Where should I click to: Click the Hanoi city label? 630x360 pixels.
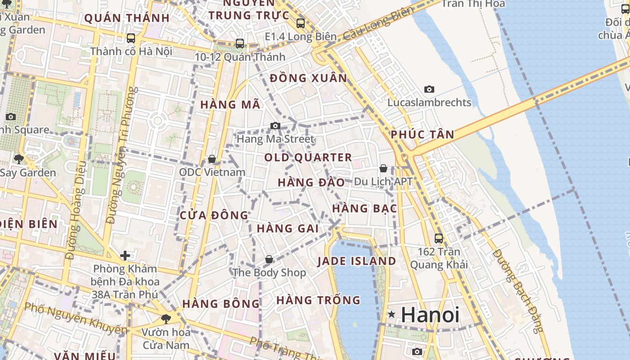click(x=430, y=315)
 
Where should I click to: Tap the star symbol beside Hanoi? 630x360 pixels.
click(x=391, y=315)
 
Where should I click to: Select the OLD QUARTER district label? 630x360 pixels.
click(x=308, y=157)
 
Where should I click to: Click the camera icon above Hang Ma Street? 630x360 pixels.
click(x=275, y=126)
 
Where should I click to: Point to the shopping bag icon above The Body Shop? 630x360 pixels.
click(x=269, y=260)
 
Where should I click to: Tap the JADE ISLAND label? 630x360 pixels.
click(x=356, y=261)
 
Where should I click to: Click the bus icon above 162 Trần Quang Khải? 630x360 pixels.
click(x=439, y=238)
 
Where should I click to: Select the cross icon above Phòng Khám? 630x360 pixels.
click(x=125, y=256)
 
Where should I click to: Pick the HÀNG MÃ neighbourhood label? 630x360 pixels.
click(x=230, y=105)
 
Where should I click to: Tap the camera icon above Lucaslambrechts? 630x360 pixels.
click(x=429, y=90)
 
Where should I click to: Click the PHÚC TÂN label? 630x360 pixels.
click(x=422, y=135)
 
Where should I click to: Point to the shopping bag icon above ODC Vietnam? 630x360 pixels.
click(x=211, y=159)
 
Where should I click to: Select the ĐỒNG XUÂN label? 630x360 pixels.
click(x=308, y=78)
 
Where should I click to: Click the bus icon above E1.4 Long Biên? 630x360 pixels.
click(x=301, y=23)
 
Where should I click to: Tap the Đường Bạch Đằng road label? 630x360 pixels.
click(x=518, y=290)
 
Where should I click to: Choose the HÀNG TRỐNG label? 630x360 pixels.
click(x=318, y=300)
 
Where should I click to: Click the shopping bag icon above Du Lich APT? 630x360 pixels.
click(x=383, y=169)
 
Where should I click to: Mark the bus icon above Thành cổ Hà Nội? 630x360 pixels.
click(x=131, y=38)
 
